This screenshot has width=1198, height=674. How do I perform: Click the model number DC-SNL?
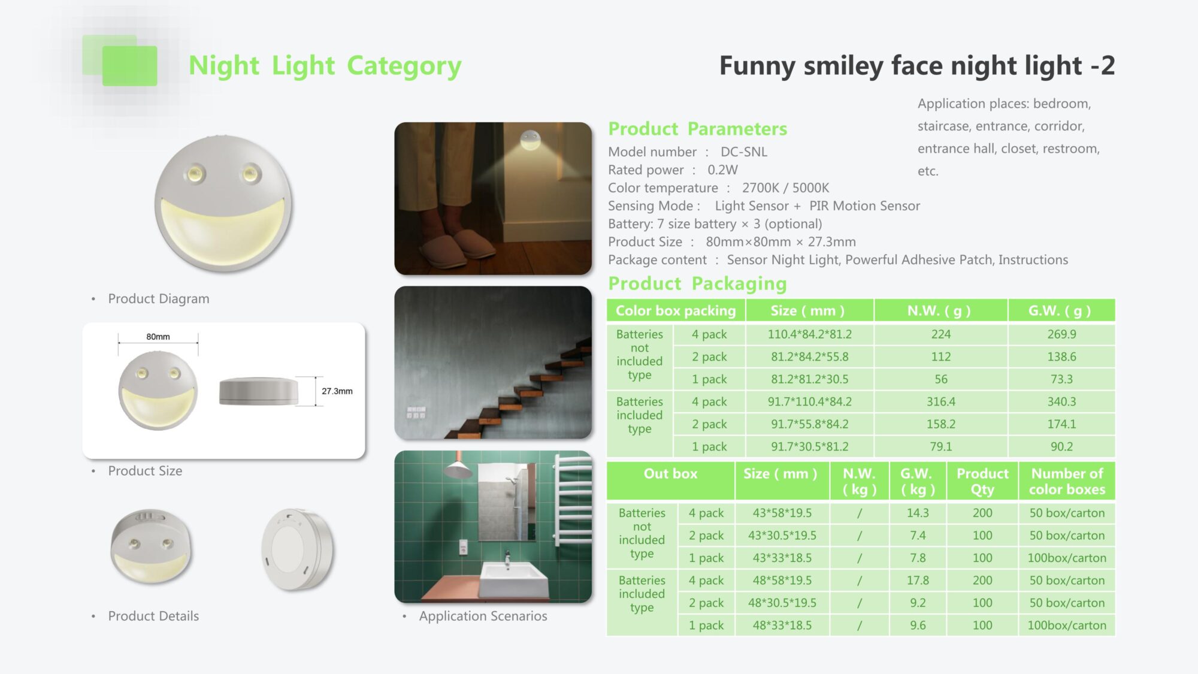tap(743, 152)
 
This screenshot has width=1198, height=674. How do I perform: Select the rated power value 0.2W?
tap(722, 170)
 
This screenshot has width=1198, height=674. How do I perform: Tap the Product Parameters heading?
tap(697, 128)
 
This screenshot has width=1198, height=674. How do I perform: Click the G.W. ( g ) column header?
tap(1060, 310)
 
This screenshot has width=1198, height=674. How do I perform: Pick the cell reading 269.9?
tap(1061, 334)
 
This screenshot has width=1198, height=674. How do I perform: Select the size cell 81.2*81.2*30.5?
tap(809, 379)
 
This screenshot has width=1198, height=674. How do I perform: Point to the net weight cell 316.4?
tap(940, 401)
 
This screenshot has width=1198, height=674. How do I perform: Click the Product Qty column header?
tap(982, 481)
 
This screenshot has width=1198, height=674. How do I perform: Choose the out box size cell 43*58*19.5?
tap(782, 513)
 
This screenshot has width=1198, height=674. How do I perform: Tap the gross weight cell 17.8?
tap(918, 580)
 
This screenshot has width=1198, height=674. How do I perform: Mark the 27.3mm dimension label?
tap(337, 391)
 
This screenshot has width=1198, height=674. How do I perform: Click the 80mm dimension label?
tap(158, 337)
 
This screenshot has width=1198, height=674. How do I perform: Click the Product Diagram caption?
tap(159, 298)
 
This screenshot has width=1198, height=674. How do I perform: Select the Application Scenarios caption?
tap(483, 616)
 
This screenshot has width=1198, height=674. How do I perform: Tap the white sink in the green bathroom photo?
tap(515, 578)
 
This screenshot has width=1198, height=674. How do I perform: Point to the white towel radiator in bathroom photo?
tap(573, 501)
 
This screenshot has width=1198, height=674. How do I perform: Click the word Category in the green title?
tap(404, 66)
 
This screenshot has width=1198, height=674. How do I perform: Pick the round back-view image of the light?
tap(298, 549)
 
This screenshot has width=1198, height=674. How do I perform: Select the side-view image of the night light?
tap(259, 391)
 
